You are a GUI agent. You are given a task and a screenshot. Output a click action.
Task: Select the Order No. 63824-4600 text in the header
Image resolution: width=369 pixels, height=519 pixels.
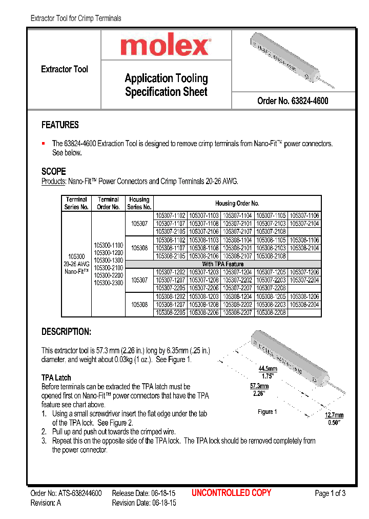(293, 101)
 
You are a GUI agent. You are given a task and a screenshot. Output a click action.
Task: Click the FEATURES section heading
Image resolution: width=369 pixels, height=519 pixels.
(60, 125)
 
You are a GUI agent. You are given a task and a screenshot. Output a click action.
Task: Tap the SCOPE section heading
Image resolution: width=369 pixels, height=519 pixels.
(53, 171)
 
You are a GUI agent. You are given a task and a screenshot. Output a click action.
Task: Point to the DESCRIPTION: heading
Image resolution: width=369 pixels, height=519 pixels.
(66, 332)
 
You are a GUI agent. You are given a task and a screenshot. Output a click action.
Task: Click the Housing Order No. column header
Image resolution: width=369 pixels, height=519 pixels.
(237, 203)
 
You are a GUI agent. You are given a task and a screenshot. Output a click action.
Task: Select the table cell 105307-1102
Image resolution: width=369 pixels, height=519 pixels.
(170, 216)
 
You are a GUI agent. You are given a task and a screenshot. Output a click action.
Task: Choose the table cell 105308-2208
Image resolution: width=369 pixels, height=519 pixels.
(271, 312)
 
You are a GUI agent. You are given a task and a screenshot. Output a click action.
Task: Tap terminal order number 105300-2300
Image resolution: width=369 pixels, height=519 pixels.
(108, 283)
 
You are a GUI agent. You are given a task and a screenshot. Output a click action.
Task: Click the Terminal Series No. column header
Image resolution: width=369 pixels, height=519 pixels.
(76, 203)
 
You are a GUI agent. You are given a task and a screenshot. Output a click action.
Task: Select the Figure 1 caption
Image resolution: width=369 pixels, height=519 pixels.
(267, 412)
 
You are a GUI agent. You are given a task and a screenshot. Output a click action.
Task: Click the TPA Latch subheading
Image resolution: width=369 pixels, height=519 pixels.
(56, 377)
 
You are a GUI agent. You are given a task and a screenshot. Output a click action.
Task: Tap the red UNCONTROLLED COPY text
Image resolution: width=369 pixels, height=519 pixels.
(231, 493)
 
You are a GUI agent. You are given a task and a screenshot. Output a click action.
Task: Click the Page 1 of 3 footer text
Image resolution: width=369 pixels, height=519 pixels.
(330, 493)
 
